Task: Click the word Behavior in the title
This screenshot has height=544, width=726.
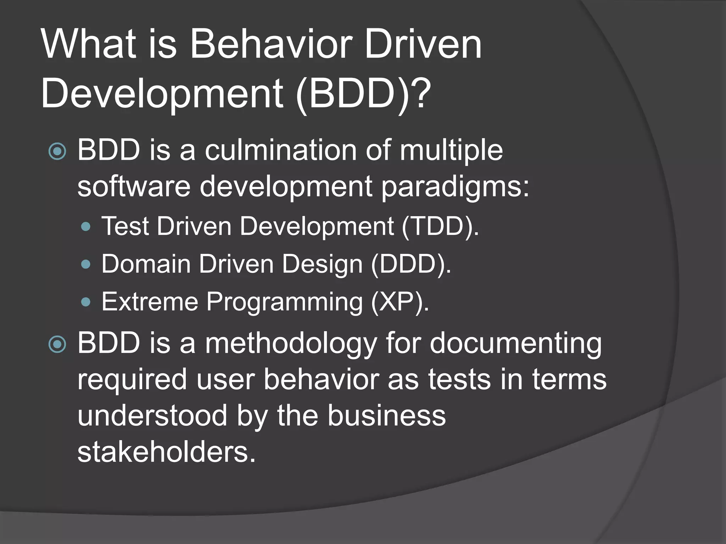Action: point(271,44)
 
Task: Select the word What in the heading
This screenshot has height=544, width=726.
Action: point(89,44)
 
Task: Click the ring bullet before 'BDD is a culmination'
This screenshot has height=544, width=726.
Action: point(57,151)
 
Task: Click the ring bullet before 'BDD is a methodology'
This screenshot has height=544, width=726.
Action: point(57,344)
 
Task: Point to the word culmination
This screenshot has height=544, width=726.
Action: point(280,150)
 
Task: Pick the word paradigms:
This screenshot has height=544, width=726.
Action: point(455,187)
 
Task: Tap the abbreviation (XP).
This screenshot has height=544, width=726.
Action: point(400,302)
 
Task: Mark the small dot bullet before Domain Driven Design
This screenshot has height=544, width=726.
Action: point(86,264)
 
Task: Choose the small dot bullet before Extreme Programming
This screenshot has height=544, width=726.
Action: point(86,302)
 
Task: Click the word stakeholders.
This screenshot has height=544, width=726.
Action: point(166,453)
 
